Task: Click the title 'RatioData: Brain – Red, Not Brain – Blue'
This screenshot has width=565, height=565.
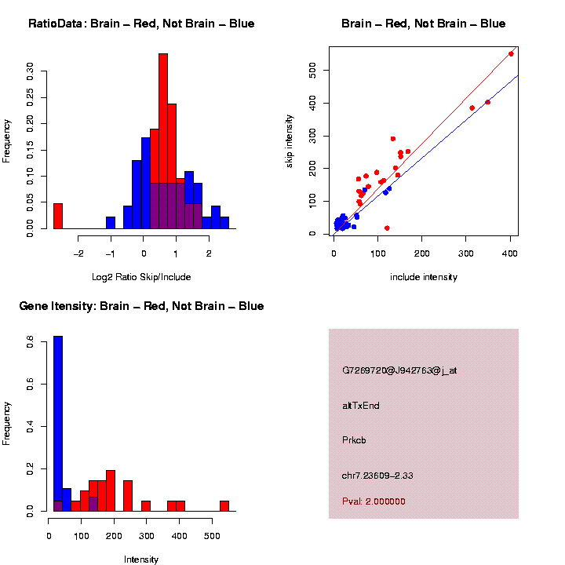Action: (141, 24)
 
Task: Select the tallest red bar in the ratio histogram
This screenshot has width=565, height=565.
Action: (163, 141)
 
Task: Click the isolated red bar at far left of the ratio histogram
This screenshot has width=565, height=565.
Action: (58, 216)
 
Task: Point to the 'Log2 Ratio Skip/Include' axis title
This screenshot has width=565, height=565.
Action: (142, 277)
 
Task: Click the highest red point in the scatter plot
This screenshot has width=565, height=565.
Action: (511, 53)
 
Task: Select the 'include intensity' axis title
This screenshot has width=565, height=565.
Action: (424, 277)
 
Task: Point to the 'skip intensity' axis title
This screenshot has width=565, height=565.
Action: (290, 140)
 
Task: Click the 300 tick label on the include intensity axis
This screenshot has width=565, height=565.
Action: (465, 253)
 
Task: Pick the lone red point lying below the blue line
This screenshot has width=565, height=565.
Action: (387, 228)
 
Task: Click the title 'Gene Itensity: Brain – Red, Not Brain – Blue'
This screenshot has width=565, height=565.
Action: (141, 306)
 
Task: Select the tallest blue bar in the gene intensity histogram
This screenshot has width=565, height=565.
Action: (58, 424)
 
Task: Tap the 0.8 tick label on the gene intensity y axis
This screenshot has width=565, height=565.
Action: (31, 343)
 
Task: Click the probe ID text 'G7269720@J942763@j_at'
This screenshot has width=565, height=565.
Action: (399, 370)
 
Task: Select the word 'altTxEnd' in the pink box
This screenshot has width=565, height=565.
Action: (361, 406)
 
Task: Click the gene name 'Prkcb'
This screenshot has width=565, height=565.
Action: (355, 440)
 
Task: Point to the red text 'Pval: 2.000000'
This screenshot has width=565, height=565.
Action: (374, 501)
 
